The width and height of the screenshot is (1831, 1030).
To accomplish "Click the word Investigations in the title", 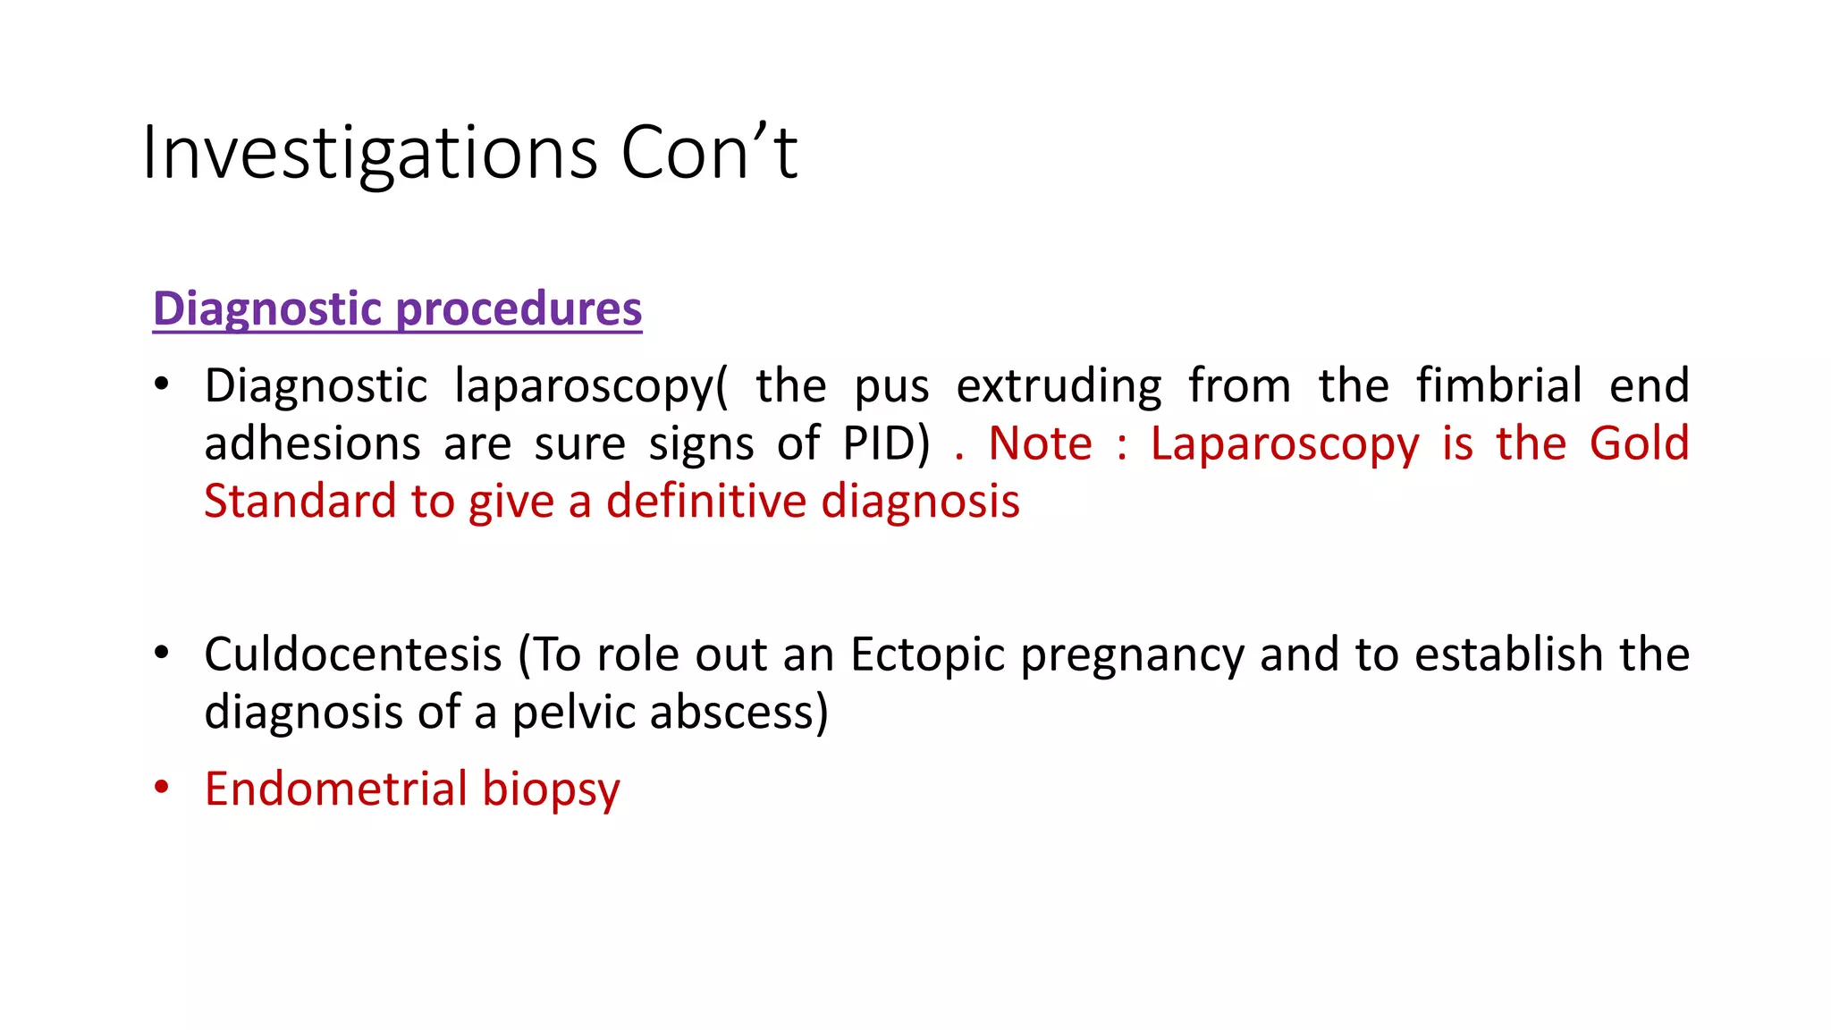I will coord(369,154).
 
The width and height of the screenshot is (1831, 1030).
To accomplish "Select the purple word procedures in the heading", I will coord(519,309).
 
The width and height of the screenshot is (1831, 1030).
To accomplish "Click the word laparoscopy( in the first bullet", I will coord(591,387).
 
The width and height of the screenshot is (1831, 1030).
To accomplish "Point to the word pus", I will coord(891,387).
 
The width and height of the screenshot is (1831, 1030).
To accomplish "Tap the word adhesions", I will coord(312,444).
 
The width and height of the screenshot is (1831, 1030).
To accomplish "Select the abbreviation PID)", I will coord(886,444).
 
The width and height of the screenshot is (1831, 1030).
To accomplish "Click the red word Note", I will coord(1040,444).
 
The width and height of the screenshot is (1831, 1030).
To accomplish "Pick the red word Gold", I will coord(1639,444).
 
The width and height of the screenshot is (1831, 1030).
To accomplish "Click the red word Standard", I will coord(300,502).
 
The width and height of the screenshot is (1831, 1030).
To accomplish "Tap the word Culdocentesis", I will coord(353,655).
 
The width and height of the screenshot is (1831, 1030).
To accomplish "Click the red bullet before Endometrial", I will coord(161,788).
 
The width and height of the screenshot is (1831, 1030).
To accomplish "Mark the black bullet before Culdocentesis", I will coord(161,653).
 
